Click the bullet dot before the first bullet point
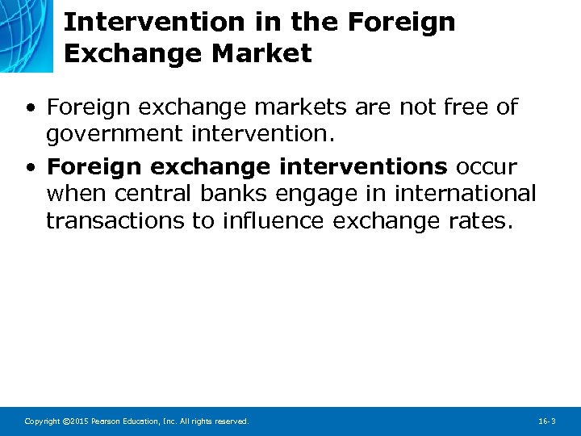coord(30,107)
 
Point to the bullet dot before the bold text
coord(30,167)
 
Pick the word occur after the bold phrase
coord(487,166)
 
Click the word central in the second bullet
coord(148,195)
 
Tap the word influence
coord(275,221)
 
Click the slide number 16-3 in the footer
coord(546,421)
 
